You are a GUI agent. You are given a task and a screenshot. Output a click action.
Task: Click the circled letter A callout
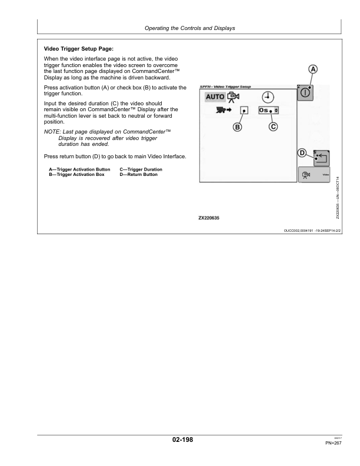click(x=314, y=69)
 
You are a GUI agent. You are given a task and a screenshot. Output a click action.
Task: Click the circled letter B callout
click(x=238, y=127)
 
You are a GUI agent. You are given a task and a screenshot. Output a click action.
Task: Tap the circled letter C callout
click(x=274, y=127)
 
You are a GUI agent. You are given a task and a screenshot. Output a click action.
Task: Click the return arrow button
click(x=321, y=158)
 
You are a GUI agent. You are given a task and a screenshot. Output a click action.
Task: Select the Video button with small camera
click(x=314, y=175)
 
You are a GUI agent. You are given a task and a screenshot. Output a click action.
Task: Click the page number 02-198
click(x=179, y=439)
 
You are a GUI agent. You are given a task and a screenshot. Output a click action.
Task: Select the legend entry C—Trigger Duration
click(x=141, y=169)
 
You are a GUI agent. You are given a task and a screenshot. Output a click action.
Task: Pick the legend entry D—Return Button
click(x=139, y=175)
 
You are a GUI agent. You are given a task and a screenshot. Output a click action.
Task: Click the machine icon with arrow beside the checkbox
click(x=224, y=109)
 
